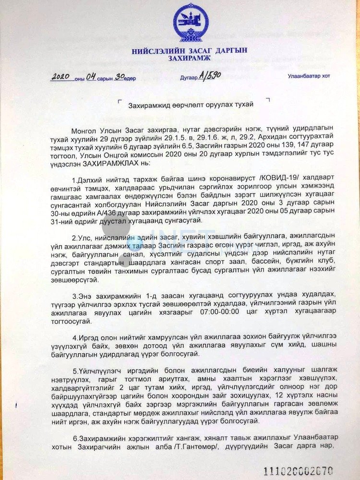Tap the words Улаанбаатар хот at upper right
[309, 76]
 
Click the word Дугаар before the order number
[189, 78]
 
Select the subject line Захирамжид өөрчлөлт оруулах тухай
[191, 105]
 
